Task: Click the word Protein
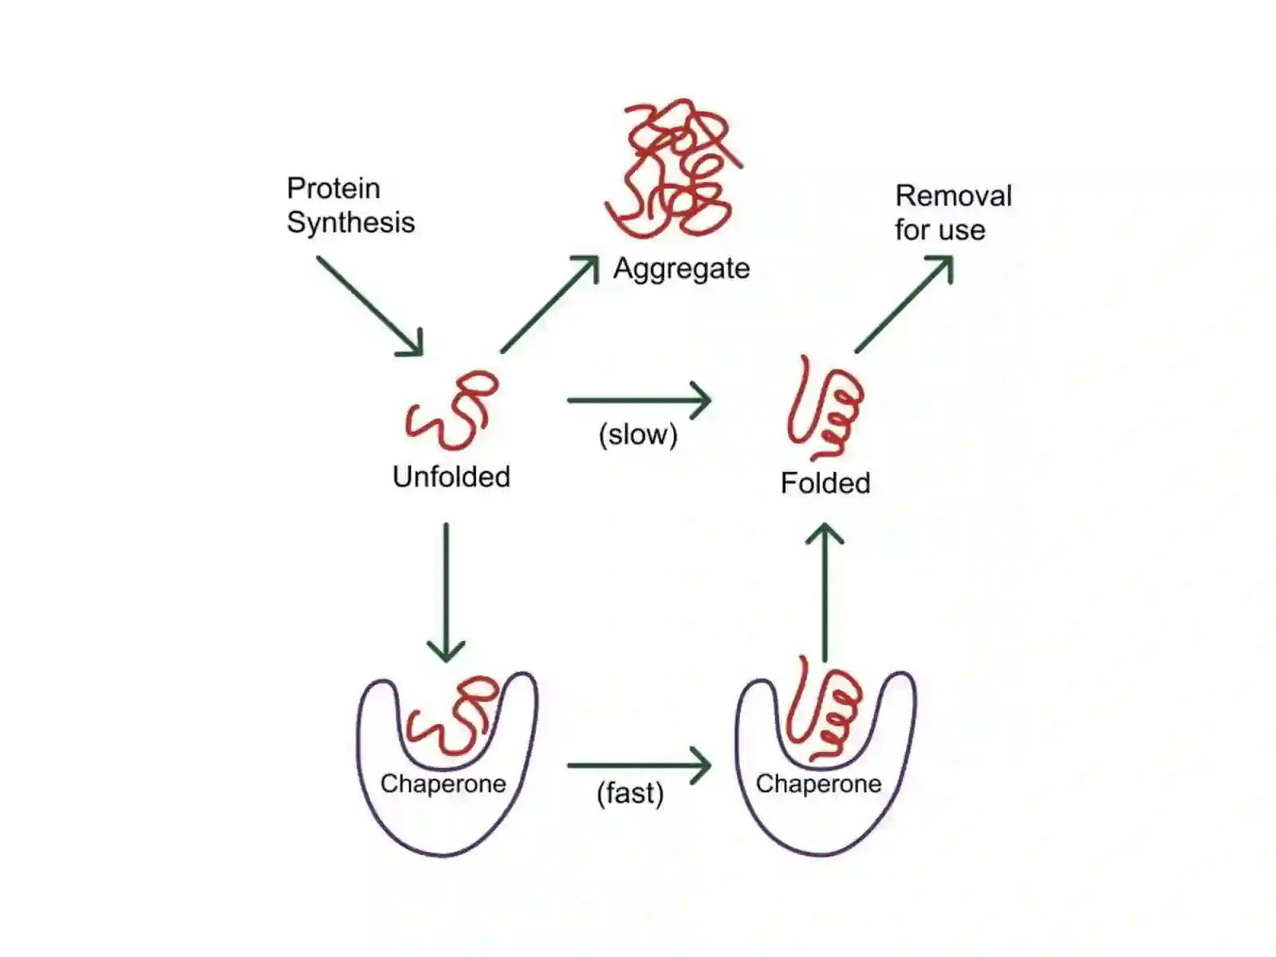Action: coord(333,188)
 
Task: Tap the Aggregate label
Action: coord(681,270)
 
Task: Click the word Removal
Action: coord(953,196)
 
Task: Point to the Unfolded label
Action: coord(451,477)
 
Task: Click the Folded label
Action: coord(825,483)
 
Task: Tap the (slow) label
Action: coord(638,435)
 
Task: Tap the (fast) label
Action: coord(630,794)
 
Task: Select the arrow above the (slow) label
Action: coord(639,400)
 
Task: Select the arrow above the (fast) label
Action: coord(639,766)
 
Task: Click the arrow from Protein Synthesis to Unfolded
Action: coord(370,306)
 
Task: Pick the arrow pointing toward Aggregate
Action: coord(550,304)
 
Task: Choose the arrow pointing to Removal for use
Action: coord(904,303)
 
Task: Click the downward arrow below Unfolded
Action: coord(446,593)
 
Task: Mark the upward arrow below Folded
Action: coord(825,592)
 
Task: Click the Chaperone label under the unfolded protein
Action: coord(443,785)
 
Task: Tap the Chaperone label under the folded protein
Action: coord(818,785)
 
